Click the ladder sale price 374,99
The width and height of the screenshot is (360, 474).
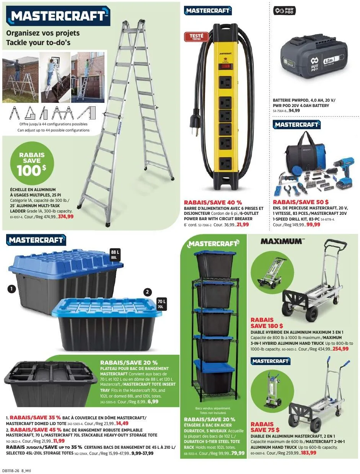(x=66, y=216)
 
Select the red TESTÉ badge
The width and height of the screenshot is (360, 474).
(x=196, y=37)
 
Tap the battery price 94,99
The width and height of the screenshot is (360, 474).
(x=294, y=110)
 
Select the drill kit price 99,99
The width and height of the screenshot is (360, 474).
(x=313, y=225)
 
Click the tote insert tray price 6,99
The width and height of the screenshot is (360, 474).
(x=153, y=402)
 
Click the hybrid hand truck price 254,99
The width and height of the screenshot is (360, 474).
(x=340, y=349)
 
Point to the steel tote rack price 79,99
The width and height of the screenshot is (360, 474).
(x=238, y=453)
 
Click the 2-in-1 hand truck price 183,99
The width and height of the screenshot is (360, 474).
(x=308, y=453)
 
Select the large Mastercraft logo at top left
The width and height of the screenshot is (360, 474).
(x=58, y=16)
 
